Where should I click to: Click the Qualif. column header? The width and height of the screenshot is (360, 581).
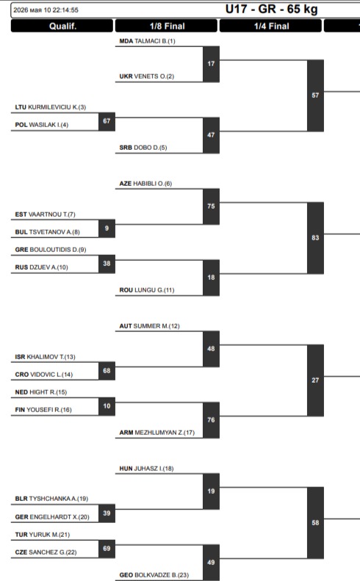62,26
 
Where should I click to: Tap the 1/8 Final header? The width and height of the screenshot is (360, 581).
167,26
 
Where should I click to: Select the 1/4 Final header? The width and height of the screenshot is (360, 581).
271,26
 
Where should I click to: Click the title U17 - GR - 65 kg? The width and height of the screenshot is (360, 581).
271,10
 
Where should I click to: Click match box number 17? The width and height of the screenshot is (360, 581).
211,64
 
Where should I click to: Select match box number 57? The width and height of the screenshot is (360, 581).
315,95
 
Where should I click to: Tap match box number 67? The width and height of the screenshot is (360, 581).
107,121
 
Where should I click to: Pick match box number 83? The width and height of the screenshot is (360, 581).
315,237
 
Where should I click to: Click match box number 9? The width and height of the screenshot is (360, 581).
107,228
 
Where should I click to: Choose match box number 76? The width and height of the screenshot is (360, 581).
211,420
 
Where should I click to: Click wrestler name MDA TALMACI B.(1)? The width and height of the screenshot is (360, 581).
147,41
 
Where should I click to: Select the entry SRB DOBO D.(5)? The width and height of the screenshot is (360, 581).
143,148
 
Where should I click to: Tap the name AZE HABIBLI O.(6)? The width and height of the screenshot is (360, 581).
145,184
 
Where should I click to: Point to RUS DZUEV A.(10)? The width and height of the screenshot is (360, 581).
42,267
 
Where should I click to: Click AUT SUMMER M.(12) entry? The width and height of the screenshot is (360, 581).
149,326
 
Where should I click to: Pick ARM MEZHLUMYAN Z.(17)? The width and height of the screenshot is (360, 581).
156,433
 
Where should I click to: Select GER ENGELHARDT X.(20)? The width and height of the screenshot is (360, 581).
52,517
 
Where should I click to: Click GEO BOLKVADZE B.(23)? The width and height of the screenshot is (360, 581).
154,574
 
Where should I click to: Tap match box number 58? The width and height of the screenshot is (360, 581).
315,522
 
